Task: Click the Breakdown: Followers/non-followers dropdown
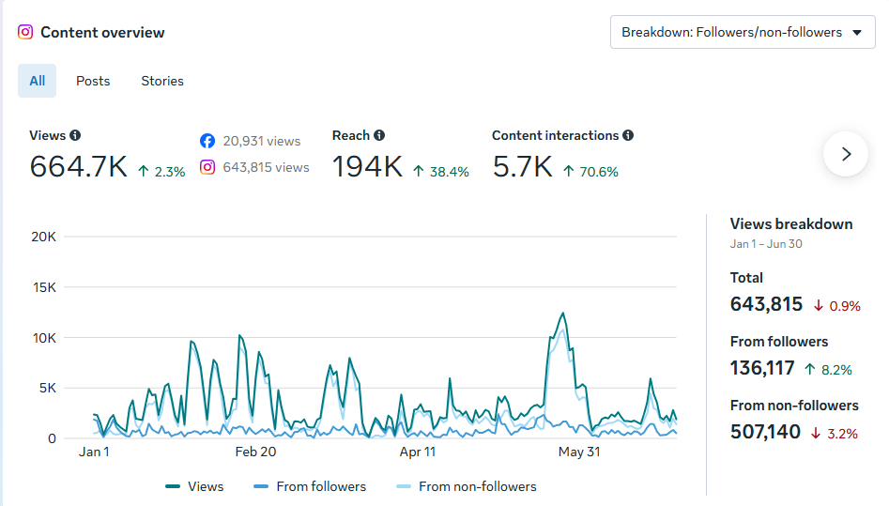(x=743, y=32)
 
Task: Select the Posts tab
(x=93, y=81)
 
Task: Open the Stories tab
(x=162, y=81)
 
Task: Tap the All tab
(x=37, y=81)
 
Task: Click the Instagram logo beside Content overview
(x=25, y=32)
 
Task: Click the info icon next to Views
(x=75, y=135)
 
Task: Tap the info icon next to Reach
(x=379, y=135)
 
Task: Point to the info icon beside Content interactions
(x=628, y=135)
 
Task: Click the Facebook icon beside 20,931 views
(x=207, y=141)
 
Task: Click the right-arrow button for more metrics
(x=846, y=154)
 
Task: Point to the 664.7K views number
(x=78, y=167)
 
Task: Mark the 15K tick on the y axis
(x=44, y=287)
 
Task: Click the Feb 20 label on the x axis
(x=255, y=452)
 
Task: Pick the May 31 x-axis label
(x=579, y=452)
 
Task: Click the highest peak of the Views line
(x=563, y=314)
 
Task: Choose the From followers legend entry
(x=310, y=486)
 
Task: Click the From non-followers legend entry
(x=466, y=486)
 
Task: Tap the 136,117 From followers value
(x=762, y=369)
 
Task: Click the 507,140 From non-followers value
(x=765, y=432)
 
